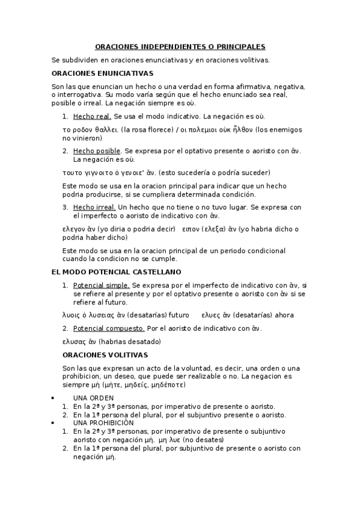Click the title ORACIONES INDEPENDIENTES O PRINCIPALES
[x=180, y=47]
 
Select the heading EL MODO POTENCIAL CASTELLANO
[x=108, y=272]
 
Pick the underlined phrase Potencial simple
[x=101, y=285]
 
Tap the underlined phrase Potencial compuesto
[x=109, y=328]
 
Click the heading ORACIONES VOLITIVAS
[x=105, y=355]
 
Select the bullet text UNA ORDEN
[x=93, y=398]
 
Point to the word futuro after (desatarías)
[x=178, y=315]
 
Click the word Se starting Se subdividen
[x=56, y=60]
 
